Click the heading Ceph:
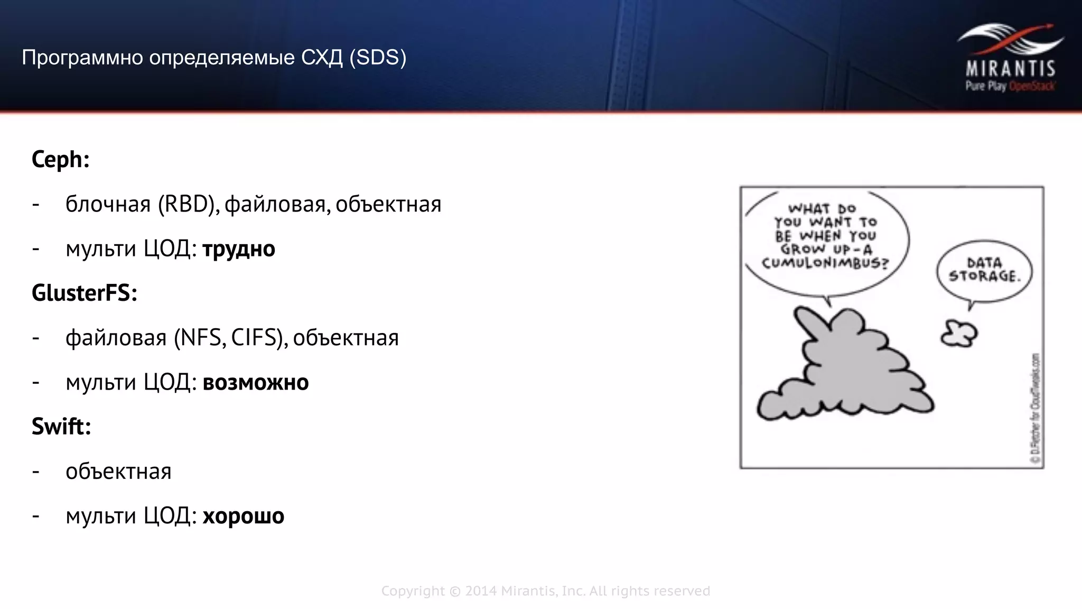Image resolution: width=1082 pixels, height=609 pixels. point(60,159)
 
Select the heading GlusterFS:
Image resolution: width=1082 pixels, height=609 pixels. point(85,293)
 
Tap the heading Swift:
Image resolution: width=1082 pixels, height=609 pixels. point(61,426)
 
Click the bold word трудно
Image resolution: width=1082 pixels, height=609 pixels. point(239,249)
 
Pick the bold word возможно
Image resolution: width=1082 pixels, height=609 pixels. point(256,382)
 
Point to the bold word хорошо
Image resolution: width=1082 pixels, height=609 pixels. point(244,516)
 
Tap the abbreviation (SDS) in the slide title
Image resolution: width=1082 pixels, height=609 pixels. point(378,57)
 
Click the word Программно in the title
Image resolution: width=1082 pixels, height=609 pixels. point(82,57)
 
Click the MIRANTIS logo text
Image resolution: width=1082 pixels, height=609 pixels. point(1010,69)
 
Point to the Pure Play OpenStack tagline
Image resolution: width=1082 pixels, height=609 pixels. point(1010,86)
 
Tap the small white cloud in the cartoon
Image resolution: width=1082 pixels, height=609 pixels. point(959,334)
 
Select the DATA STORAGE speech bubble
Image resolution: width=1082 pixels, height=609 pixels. point(984,270)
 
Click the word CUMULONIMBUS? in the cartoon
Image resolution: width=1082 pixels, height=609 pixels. point(825,263)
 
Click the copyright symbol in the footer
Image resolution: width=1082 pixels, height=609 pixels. point(455,591)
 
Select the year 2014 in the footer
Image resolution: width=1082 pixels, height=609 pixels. point(481,591)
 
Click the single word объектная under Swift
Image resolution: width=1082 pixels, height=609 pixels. point(118,472)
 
